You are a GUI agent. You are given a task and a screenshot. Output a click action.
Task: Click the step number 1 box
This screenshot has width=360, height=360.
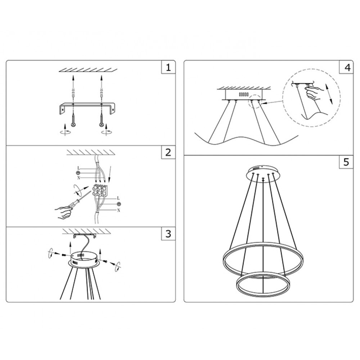tap(168, 67)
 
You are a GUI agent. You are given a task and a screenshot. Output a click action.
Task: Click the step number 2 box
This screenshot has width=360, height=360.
tap(168, 152)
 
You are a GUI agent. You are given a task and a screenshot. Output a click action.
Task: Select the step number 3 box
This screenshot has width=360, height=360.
tap(168, 234)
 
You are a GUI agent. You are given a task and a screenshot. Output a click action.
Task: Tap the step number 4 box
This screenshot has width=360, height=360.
tap(346, 67)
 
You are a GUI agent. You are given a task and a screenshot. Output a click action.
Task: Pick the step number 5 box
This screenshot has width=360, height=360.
tap(346, 162)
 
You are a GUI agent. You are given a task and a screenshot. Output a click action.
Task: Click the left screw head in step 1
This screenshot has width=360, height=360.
tap(73, 125)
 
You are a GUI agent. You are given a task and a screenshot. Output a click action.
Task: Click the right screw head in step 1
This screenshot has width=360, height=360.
tap(101, 125)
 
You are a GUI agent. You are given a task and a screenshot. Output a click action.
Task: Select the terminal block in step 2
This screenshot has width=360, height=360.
tap(99, 190)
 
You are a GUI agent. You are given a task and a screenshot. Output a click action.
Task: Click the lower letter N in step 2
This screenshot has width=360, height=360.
tap(118, 210)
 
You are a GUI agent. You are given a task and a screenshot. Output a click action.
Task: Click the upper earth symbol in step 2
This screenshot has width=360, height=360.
tap(78, 173)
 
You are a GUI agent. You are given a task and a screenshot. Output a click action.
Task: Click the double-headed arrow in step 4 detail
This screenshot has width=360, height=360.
tap(328, 94)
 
